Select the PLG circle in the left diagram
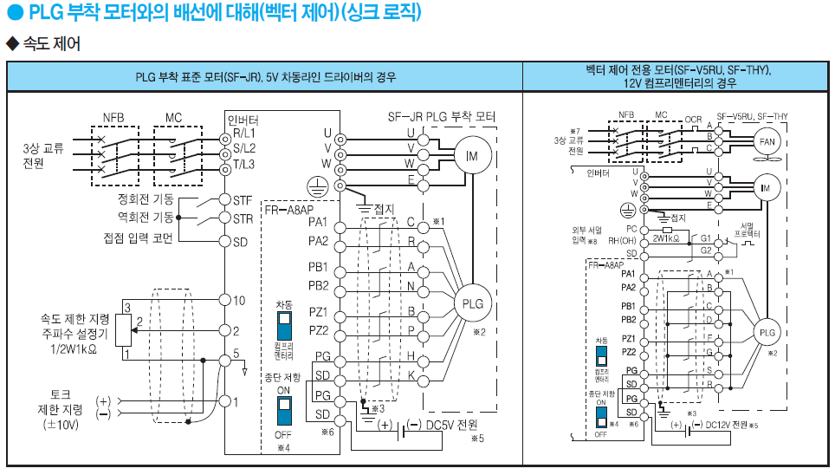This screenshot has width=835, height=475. point(472,303)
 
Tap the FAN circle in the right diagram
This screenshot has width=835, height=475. point(767,142)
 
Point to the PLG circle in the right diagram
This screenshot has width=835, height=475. point(767,333)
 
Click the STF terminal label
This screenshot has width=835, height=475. point(243,199)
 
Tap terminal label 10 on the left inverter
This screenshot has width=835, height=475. point(240,300)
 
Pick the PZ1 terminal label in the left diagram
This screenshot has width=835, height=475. point(318,311)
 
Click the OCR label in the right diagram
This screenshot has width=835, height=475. point(694,119)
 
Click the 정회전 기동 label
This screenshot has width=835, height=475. point(146,199)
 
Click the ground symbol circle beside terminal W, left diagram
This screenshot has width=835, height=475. point(317,185)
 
